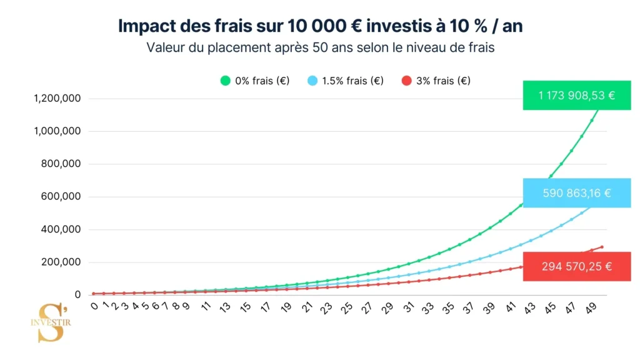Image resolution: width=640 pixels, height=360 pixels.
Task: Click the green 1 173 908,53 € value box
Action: tap(577, 96)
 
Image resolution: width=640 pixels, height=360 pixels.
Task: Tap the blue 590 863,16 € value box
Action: tap(577, 193)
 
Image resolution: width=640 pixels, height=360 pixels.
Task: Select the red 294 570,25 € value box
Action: tap(577, 266)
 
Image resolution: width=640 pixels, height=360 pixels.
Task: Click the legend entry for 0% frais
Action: tap(254, 81)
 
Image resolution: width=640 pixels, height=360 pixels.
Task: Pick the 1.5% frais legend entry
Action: tap(345, 81)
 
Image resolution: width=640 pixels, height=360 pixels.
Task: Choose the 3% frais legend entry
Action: tap(436, 81)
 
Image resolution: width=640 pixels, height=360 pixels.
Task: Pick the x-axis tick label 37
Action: tap(467, 308)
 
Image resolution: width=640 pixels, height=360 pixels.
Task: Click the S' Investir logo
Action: tap(51, 322)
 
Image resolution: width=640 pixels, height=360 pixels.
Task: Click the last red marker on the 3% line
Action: tap(602, 247)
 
